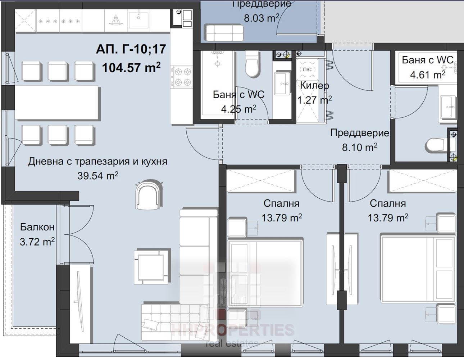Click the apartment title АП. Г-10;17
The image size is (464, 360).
[x=131, y=49]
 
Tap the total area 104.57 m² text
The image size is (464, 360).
[x=131, y=67]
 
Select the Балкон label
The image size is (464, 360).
[x=37, y=227]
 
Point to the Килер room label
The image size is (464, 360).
[x=314, y=86]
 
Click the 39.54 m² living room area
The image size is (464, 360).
[x=98, y=176]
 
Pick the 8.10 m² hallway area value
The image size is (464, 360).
[x=359, y=147]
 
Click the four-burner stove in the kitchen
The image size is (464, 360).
[x=182, y=77]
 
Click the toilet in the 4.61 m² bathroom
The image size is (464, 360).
[x=437, y=146]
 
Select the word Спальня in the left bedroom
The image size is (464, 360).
[x=281, y=203]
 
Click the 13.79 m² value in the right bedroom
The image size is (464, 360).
[x=387, y=218]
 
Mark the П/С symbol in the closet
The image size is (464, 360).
[x=307, y=69]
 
